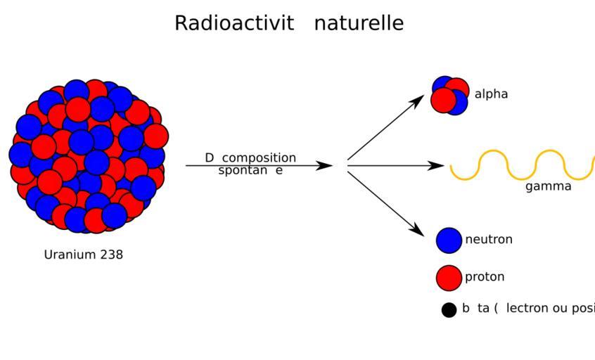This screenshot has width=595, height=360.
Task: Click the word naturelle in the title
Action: click(x=359, y=23)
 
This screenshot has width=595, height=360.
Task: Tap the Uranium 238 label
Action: click(x=83, y=255)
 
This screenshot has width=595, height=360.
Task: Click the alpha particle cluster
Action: click(x=450, y=96)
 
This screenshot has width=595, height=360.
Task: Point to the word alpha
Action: click(x=491, y=94)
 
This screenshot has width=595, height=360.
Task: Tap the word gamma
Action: click(x=548, y=187)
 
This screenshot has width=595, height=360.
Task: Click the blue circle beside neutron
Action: click(x=449, y=240)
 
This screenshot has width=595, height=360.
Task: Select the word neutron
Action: click(x=489, y=240)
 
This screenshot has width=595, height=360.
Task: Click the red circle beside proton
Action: click(x=449, y=277)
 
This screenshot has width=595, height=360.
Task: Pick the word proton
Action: click(x=485, y=277)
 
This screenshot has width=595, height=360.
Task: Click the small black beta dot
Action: click(x=449, y=309)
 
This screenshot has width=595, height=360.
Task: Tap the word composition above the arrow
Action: click(x=259, y=157)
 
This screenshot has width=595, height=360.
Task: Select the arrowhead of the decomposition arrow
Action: click(x=325, y=166)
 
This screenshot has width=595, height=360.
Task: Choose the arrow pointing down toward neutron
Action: click(x=385, y=202)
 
